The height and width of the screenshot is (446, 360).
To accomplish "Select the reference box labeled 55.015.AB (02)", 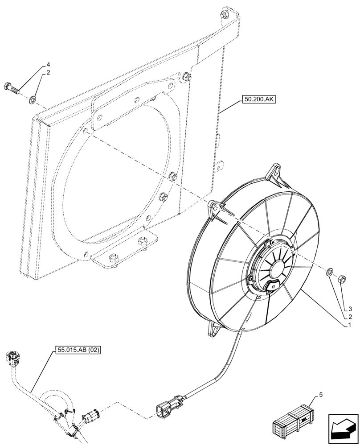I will click(78, 351).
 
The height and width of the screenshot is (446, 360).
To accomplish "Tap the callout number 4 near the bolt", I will click(48, 65).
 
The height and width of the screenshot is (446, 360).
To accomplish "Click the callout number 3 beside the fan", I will click(350, 309).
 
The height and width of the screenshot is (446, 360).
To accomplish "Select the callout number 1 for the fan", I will click(350, 326).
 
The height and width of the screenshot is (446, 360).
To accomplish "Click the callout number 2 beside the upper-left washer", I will click(48, 72).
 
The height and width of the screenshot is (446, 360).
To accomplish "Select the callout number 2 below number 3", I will click(350, 317).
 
